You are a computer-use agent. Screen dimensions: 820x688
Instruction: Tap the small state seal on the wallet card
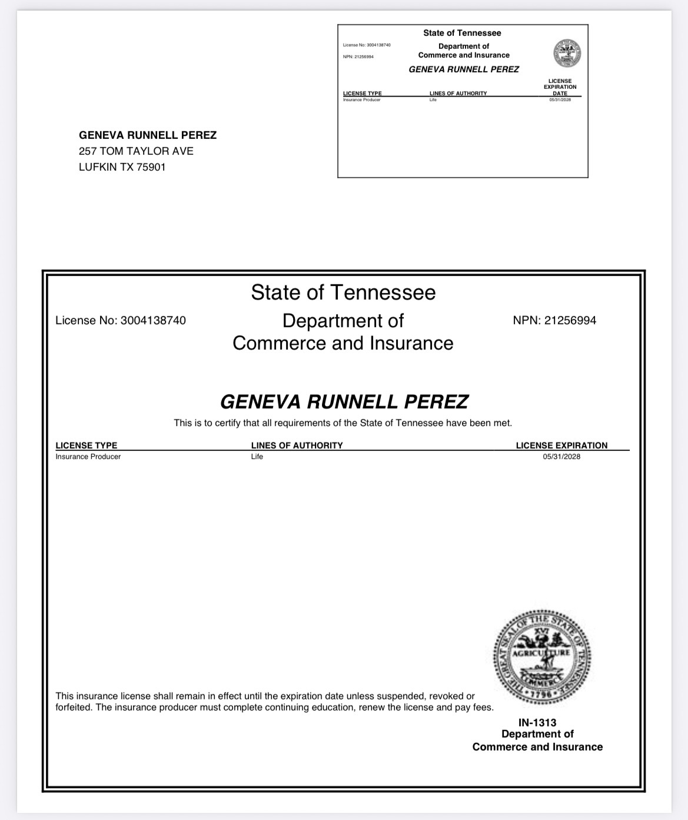pos(567,54)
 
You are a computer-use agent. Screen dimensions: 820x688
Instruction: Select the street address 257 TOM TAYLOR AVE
pos(136,151)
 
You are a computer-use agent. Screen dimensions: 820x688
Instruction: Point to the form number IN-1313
pos(537,722)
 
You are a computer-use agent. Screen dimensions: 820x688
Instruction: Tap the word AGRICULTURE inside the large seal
pos(541,654)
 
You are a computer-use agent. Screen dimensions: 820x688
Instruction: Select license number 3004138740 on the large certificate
pos(153,320)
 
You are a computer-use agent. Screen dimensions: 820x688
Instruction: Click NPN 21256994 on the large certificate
pos(570,320)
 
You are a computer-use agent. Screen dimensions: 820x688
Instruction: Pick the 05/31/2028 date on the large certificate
pos(561,457)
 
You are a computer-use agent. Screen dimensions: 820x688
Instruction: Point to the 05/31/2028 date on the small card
pos(560,100)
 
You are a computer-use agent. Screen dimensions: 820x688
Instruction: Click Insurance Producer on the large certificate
pos(88,457)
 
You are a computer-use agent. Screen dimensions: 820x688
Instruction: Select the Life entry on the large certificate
pos(257,457)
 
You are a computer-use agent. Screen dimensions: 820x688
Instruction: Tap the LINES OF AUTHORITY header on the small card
pos(458,94)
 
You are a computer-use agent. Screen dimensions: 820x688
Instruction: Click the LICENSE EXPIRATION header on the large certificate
pos(561,446)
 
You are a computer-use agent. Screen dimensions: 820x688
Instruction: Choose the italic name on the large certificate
pos(344,402)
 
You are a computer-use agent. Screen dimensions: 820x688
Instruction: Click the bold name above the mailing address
pos(148,135)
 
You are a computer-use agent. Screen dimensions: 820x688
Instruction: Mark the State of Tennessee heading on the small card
pos(462,33)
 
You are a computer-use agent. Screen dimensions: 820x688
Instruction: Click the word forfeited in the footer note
pos(74,708)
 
